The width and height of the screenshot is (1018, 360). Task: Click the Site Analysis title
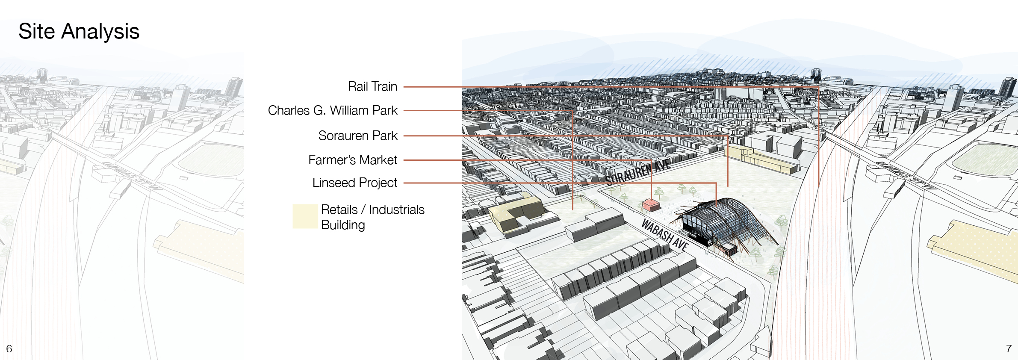(79, 31)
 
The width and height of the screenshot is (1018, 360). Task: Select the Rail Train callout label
(372, 86)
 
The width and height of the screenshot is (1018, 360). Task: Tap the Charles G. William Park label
(332, 110)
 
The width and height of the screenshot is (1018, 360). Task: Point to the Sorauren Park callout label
(357, 136)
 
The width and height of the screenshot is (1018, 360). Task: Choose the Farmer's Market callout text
(352, 160)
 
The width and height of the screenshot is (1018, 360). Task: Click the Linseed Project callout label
(354, 183)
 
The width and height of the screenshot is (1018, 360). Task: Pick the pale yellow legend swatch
(305, 216)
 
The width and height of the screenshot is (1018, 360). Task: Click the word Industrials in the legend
(396, 210)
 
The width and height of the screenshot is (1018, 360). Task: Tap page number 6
(9, 348)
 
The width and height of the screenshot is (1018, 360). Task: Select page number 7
(1009, 348)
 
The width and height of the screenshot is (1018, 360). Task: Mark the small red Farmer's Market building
(651, 205)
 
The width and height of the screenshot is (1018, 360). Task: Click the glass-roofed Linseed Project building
(718, 222)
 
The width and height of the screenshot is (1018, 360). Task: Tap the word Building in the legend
(343, 225)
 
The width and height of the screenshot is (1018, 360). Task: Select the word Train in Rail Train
(384, 86)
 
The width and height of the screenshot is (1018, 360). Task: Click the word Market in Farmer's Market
(378, 160)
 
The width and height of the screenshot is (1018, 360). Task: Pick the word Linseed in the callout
(333, 183)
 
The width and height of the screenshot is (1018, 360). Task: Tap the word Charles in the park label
(289, 110)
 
